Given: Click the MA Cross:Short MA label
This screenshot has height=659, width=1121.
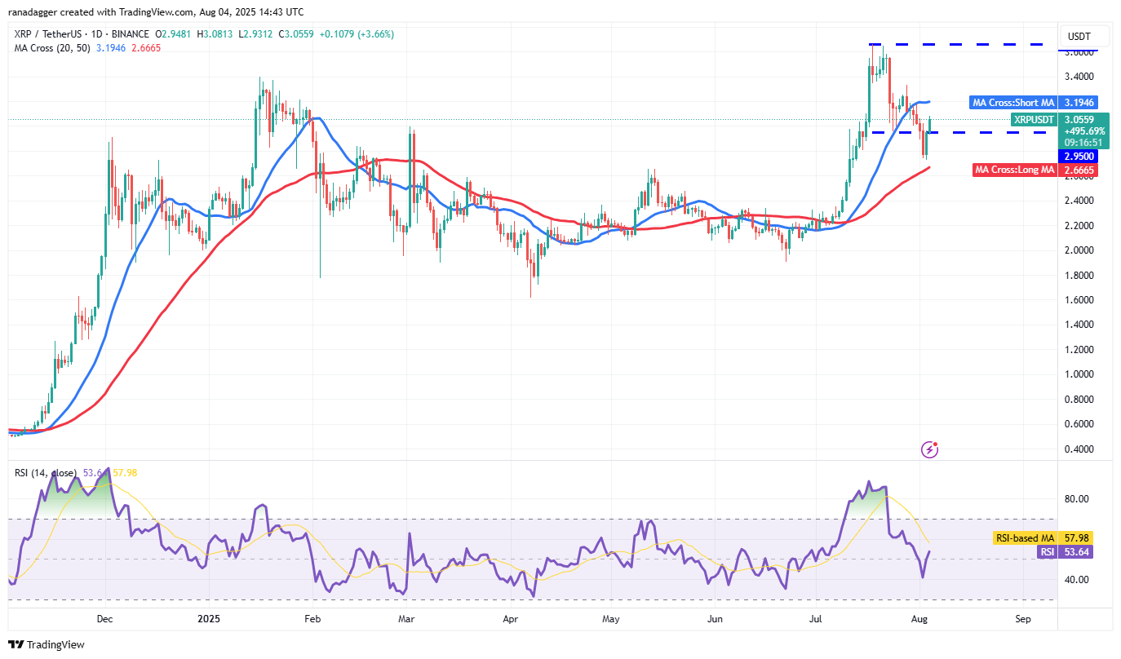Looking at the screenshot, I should pyautogui.click(x=1013, y=103).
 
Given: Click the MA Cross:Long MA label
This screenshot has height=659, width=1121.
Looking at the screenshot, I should pyautogui.click(x=1015, y=170).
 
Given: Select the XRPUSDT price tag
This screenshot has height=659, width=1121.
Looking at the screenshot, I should pyautogui.click(x=1034, y=119).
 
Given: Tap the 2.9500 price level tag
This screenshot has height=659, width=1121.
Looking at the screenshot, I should pyautogui.click(x=1078, y=156).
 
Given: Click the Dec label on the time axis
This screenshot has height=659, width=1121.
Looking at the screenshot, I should pyautogui.click(x=104, y=619).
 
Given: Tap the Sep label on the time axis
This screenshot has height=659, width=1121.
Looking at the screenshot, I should pyautogui.click(x=1023, y=619).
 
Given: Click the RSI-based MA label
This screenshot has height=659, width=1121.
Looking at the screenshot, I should pyautogui.click(x=1025, y=538).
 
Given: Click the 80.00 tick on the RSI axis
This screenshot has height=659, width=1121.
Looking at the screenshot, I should pyautogui.click(x=1078, y=499).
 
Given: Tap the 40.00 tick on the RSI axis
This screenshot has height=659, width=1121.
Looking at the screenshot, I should pyautogui.click(x=1078, y=580).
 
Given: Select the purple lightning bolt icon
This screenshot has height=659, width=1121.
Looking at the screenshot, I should pyautogui.click(x=929, y=449).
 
